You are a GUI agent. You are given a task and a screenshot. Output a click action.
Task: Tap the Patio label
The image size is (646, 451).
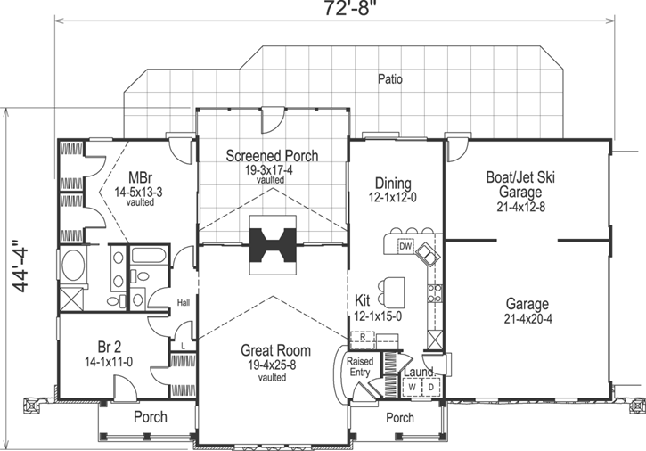pos(388,79)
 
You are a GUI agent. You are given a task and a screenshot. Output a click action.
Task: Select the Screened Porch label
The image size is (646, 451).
pos(272,156)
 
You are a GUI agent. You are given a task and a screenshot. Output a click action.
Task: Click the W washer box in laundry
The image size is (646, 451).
pos(411,387)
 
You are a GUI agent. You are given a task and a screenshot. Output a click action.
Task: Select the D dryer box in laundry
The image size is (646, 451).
pos(429,387)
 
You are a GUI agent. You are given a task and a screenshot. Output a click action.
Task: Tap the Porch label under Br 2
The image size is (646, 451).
pos(151,417)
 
